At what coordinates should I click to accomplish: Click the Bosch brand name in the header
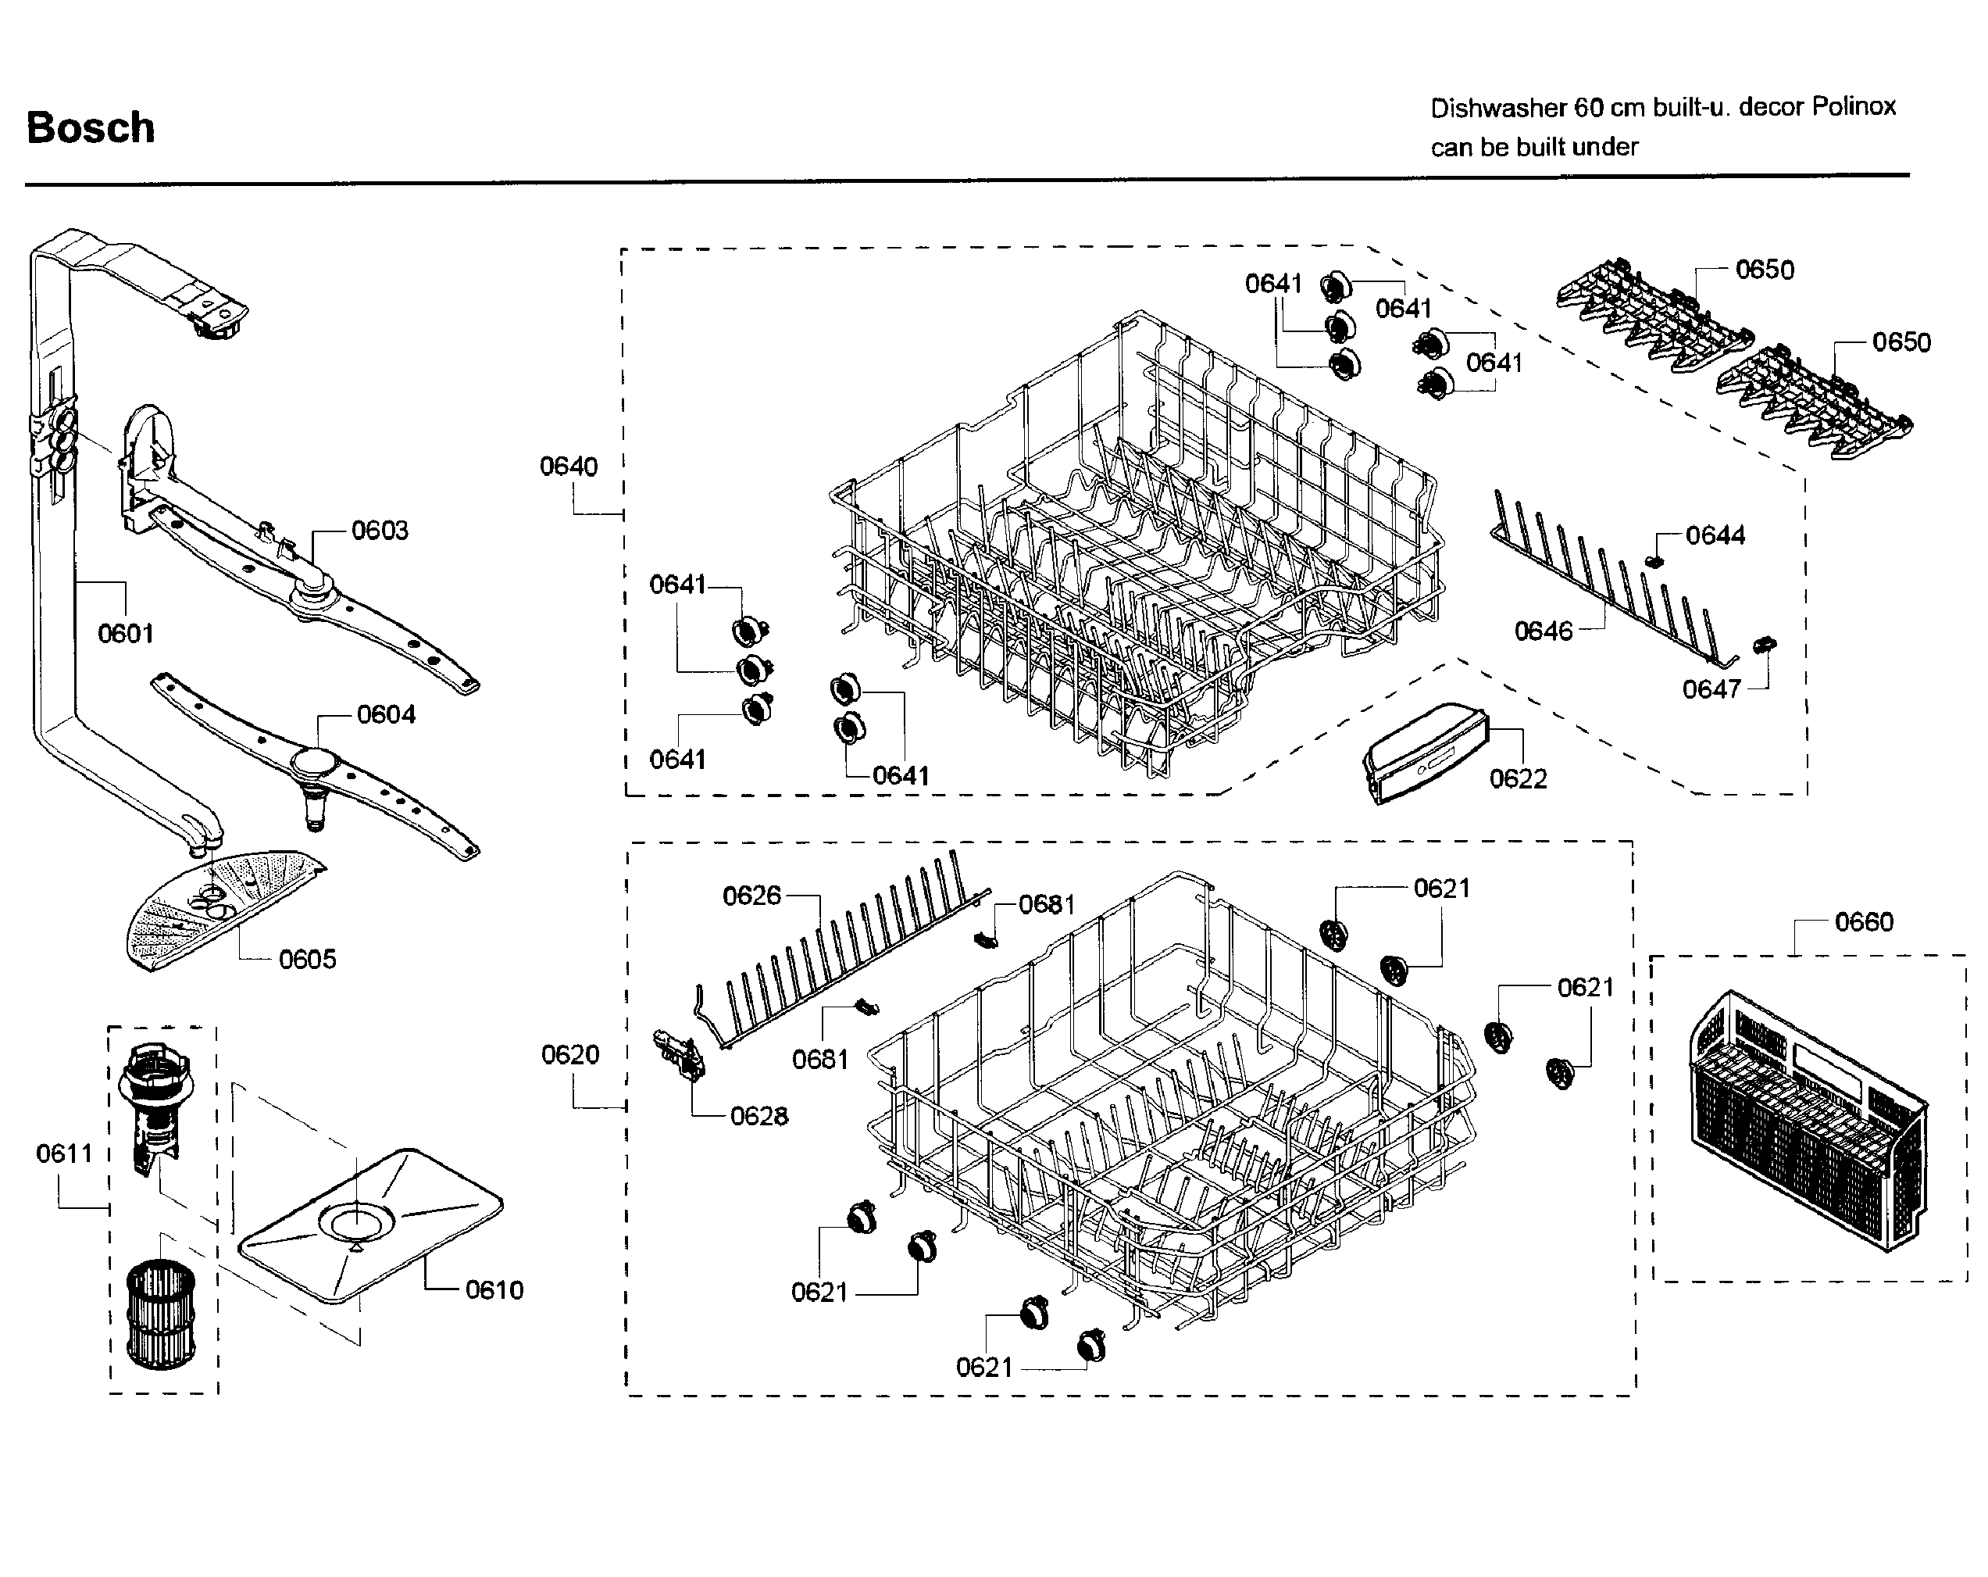[91, 127]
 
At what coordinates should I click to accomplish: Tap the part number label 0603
[379, 531]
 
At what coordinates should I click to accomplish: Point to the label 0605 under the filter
[307, 960]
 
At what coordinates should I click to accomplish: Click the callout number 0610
[494, 1290]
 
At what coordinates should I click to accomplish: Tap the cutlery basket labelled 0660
[1808, 1121]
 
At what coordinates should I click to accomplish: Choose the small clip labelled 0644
[1656, 561]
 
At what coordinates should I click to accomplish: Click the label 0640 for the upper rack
[568, 467]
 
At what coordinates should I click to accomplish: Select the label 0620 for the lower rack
[570, 1055]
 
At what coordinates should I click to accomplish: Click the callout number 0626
[751, 896]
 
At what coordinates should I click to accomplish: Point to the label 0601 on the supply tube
[126, 634]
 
